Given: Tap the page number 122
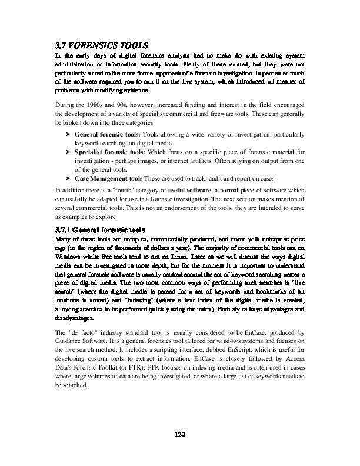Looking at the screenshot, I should tap(180, 434).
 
